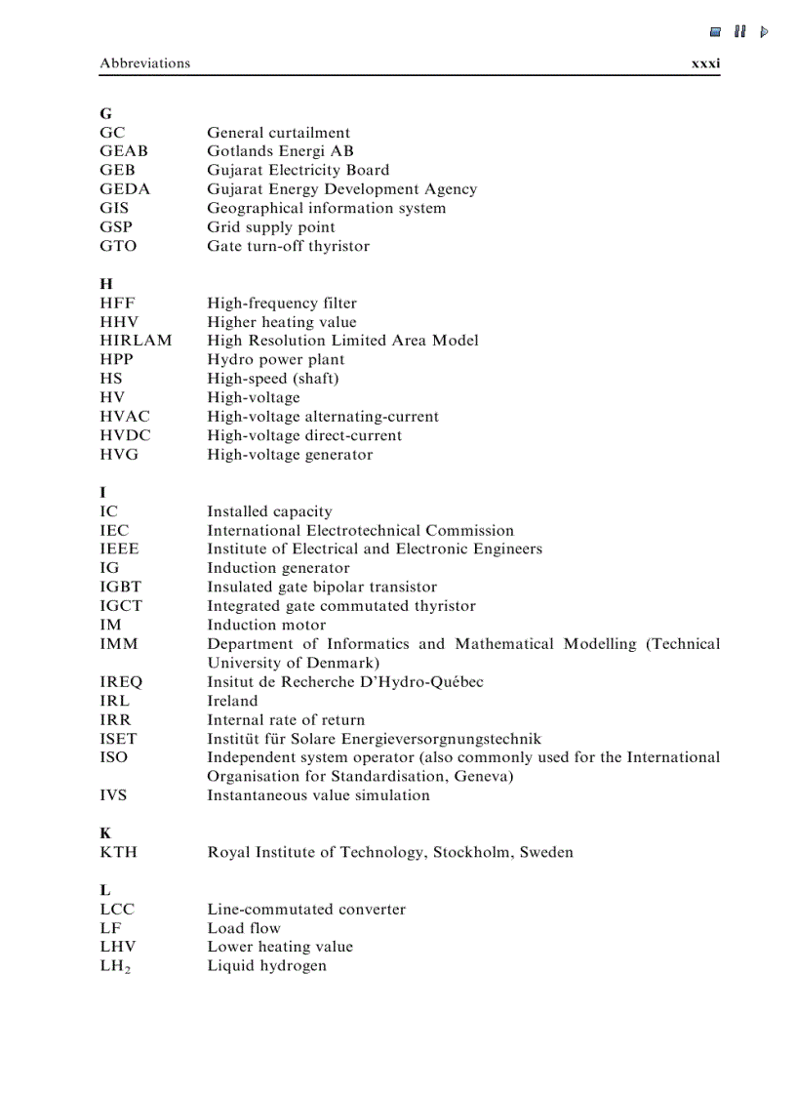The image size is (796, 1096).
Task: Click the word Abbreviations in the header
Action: pos(144,63)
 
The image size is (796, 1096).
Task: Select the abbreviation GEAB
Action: pos(124,151)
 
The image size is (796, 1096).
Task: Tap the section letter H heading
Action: pos(106,284)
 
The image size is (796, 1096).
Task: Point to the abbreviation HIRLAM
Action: pos(136,341)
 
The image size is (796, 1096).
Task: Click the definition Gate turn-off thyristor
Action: pos(288,246)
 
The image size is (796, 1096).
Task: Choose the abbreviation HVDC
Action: pos(125,435)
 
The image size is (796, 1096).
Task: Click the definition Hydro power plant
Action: pos(275,359)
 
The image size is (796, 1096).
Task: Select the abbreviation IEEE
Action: pos(119,548)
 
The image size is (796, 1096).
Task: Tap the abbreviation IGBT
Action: pos(120,587)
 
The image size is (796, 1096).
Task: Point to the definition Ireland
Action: pos(232,701)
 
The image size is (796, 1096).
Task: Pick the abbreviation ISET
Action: pos(118,739)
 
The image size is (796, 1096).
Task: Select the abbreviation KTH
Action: pos(118,852)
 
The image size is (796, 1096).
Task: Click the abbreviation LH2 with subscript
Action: pos(116,966)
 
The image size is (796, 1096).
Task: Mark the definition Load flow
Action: pos(243,928)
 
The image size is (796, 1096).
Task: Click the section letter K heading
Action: pos(105,833)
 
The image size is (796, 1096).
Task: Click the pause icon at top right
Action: pos(740,31)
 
